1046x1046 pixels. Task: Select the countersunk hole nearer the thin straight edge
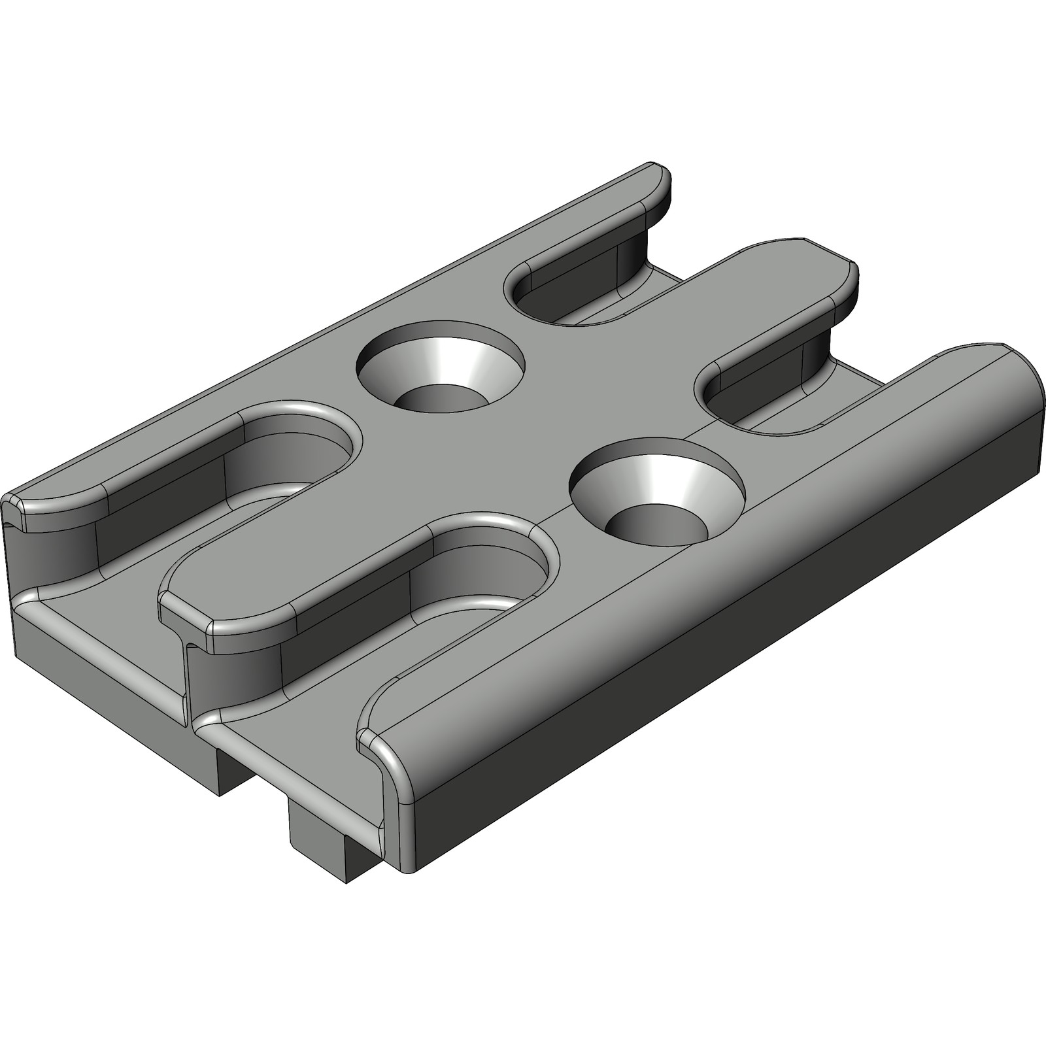pos(440,366)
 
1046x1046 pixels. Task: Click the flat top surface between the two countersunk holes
pos(549,431)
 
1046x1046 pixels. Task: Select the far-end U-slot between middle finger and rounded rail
pos(771,399)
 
